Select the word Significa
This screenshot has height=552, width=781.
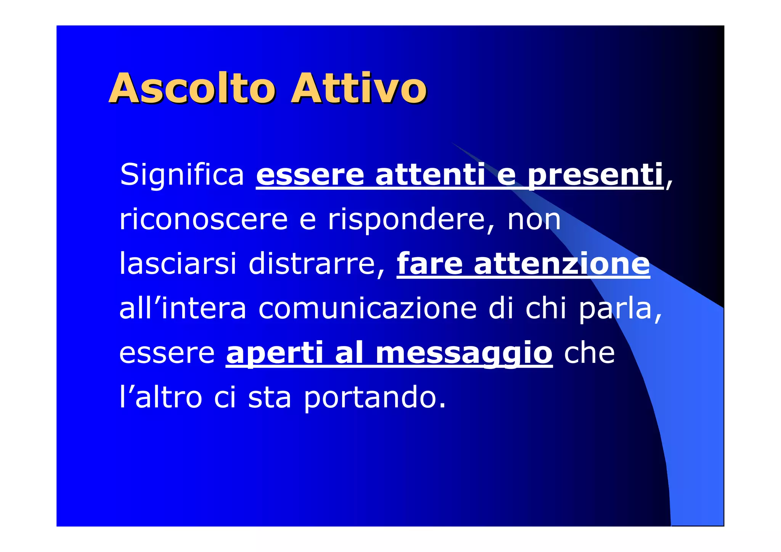[x=182, y=175]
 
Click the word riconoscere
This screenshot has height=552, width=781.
[x=203, y=220]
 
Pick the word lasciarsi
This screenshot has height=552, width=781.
[x=178, y=264]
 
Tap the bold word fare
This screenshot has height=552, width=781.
[x=430, y=264]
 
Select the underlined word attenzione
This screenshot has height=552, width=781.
[x=562, y=264]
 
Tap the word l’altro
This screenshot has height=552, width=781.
[x=161, y=398]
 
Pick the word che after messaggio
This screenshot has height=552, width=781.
[x=589, y=353]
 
